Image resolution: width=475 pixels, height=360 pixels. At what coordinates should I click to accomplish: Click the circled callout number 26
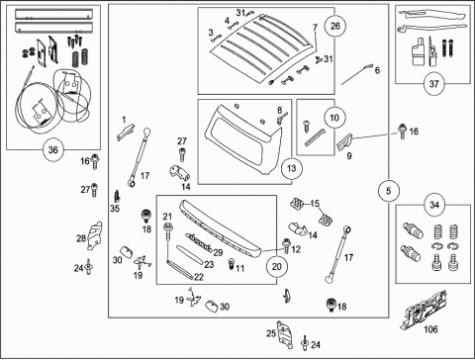point(334,26)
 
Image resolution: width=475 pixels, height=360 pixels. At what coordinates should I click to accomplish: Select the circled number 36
point(52,150)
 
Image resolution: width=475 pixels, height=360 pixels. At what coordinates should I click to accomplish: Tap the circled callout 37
point(433,84)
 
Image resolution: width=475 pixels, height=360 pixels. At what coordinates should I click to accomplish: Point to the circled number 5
point(388,191)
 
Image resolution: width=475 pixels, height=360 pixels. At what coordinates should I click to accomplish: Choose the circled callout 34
point(434,205)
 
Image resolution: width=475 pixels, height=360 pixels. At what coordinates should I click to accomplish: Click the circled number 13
point(292,168)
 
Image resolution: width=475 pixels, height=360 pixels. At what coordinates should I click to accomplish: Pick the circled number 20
point(276,266)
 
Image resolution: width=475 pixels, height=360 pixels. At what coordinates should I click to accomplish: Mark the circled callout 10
point(334,118)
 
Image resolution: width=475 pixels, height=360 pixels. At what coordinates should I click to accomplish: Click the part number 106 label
point(430,329)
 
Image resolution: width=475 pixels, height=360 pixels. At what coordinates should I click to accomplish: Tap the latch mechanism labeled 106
point(424,310)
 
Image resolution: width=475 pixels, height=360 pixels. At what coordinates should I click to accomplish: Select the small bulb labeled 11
point(232,264)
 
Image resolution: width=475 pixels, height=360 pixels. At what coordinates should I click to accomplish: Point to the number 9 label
point(349,155)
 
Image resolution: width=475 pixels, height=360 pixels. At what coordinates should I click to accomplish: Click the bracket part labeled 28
point(94,235)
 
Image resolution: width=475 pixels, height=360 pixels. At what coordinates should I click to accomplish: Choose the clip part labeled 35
point(117,197)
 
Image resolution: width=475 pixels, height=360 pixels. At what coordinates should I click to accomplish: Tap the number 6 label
point(377,70)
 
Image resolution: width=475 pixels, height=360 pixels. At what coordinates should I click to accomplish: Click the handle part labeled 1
point(126,133)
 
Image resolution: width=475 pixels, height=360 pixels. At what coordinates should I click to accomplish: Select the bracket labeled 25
point(285,334)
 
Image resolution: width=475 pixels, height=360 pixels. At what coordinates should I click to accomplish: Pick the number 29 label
point(218,253)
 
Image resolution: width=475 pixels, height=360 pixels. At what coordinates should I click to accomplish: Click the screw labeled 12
point(286,246)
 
